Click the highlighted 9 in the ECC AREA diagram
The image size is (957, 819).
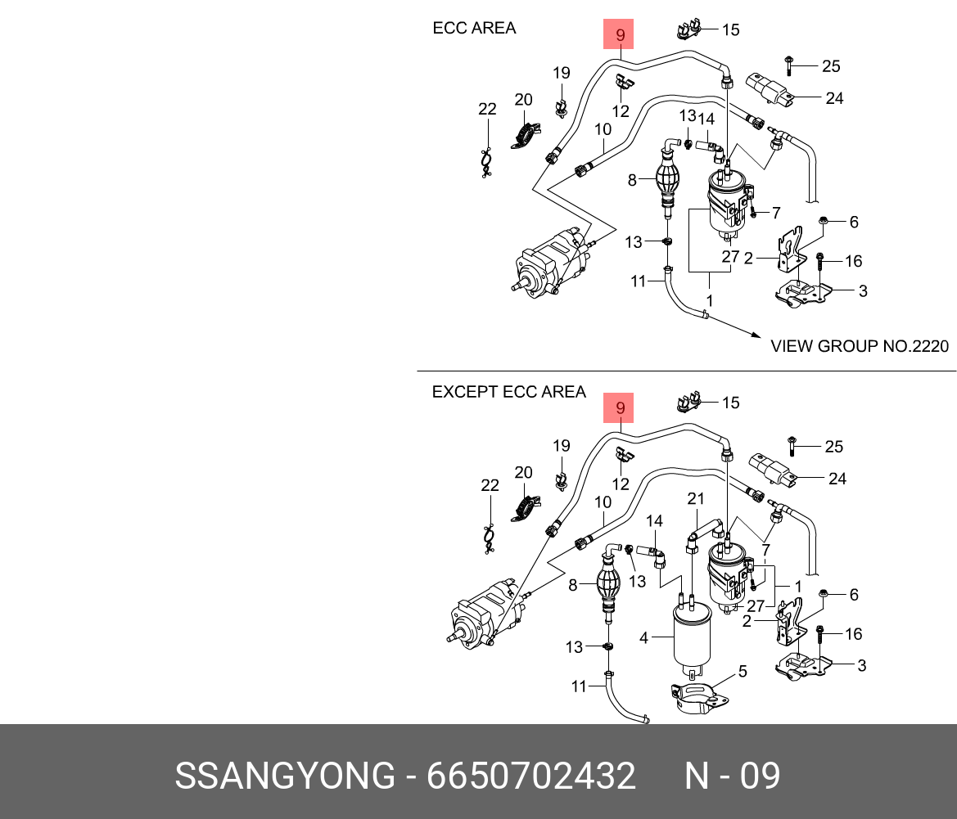pyautogui.click(x=620, y=35)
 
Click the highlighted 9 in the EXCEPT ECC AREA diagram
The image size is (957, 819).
pyautogui.click(x=620, y=407)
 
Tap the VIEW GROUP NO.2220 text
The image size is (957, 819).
pyautogui.click(x=860, y=346)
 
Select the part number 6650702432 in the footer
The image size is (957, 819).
pyautogui.click(x=530, y=776)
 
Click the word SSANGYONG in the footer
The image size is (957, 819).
pyautogui.click(x=284, y=776)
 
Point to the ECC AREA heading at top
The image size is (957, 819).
pyautogui.click(x=474, y=28)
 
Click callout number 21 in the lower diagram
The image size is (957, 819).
pyautogui.click(x=696, y=499)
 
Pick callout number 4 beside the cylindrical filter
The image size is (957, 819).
pyautogui.click(x=644, y=637)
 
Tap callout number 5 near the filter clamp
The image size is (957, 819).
pyautogui.click(x=743, y=672)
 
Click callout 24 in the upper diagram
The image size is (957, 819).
pyautogui.click(x=834, y=98)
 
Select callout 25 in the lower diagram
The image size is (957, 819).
pyautogui.click(x=833, y=447)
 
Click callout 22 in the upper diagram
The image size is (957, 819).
pyautogui.click(x=487, y=109)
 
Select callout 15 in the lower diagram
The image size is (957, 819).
pyautogui.click(x=730, y=402)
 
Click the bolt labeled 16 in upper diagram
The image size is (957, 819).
pyautogui.click(x=819, y=261)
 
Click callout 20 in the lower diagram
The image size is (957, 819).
pyautogui.click(x=523, y=472)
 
